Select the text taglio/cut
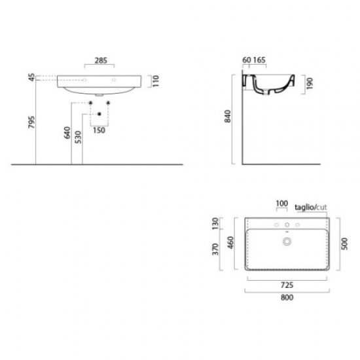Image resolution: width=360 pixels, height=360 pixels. coord(311,206)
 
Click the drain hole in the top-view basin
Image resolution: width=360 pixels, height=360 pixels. coord(285,242)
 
